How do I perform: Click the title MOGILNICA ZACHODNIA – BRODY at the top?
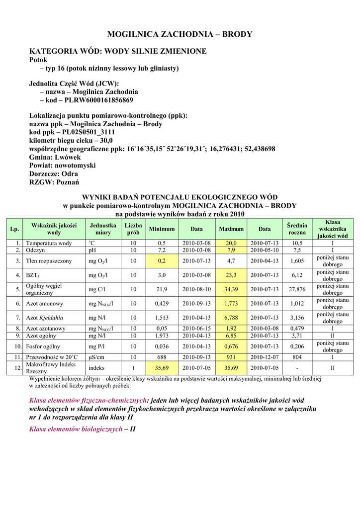point(180,34)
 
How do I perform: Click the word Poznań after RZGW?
point(66,182)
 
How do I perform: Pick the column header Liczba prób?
point(133,229)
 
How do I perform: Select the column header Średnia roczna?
point(297,229)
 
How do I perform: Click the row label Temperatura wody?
point(49,243)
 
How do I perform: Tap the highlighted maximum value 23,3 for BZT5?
point(231,275)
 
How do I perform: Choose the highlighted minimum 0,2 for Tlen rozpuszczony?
point(162,260)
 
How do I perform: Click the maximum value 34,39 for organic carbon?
point(231,289)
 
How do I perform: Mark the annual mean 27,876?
point(297,289)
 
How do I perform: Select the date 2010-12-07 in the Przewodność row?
point(265,357)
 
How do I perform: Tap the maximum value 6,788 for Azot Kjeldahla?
point(231,318)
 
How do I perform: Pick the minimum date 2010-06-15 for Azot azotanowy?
point(197,329)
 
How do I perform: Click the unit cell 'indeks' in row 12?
point(96,368)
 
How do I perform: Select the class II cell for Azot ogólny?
point(332,336)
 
